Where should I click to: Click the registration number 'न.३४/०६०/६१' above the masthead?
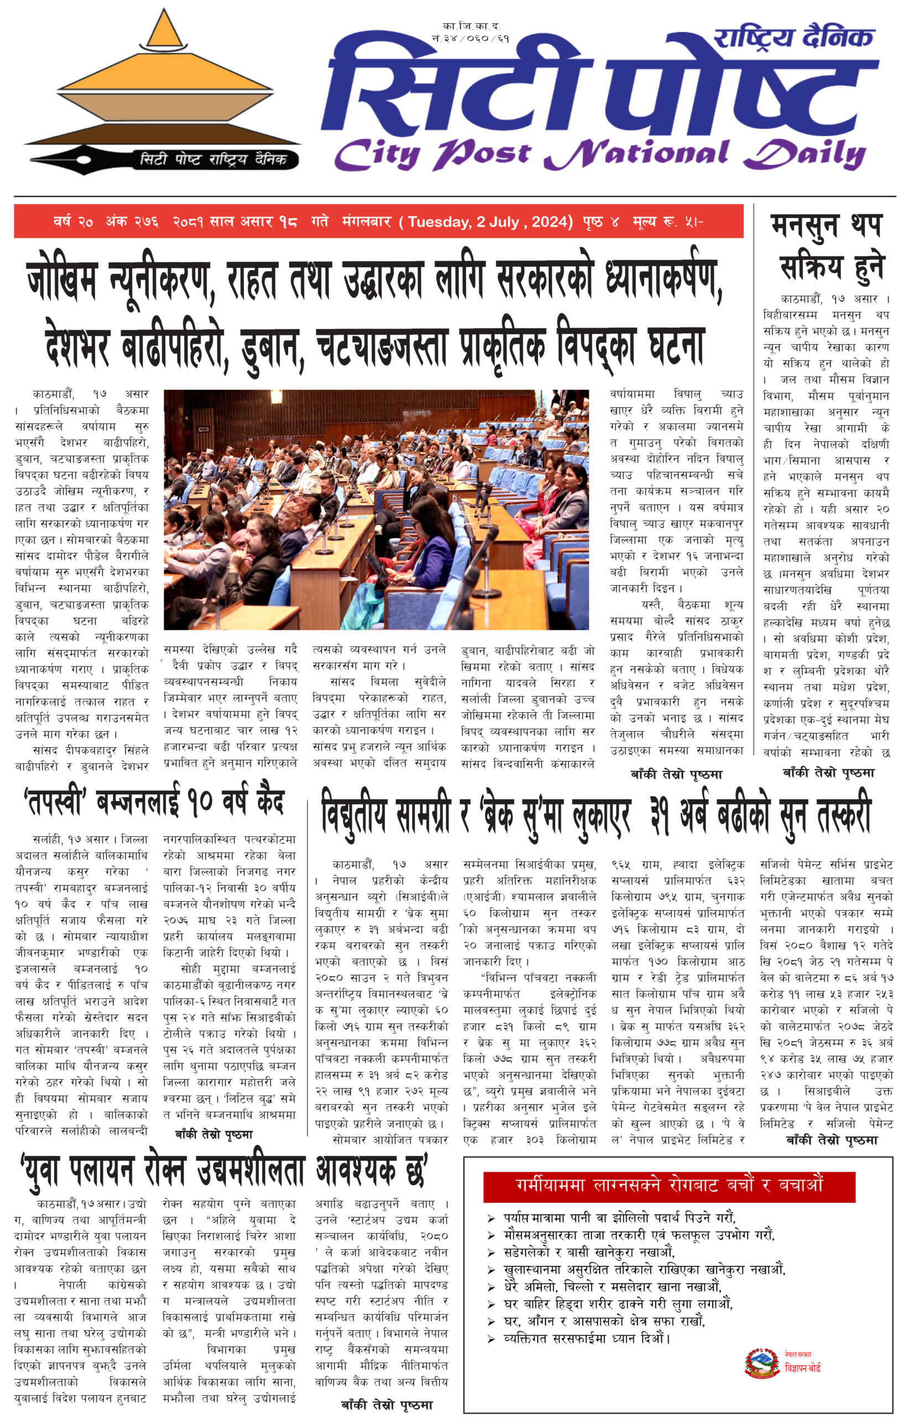coord(470,39)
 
